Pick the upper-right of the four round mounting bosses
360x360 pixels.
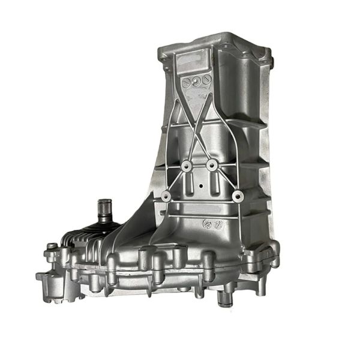pos(212,163)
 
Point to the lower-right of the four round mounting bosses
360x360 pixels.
pos(238,195)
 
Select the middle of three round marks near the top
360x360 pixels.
pos(198,78)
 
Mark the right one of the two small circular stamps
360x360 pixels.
pos(214,225)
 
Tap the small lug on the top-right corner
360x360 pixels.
pos(269,60)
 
